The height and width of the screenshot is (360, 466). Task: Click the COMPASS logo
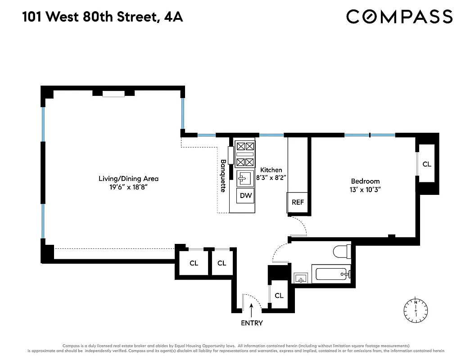(399, 17)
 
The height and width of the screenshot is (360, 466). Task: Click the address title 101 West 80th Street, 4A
(103, 18)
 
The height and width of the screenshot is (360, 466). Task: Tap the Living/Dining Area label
(128, 179)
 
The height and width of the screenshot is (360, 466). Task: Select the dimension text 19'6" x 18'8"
(128, 187)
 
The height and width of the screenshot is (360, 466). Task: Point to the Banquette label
(223, 176)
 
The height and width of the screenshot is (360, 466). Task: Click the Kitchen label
(271, 170)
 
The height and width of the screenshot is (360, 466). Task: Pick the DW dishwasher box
(246, 196)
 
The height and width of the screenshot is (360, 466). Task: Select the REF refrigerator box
(298, 202)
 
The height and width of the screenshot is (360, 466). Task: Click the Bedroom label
(365, 181)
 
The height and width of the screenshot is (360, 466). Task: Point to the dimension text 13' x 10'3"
(365, 189)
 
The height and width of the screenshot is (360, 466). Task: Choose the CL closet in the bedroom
(426, 164)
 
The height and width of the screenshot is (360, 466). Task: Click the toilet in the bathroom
(342, 251)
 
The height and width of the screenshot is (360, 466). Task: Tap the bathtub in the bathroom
(332, 274)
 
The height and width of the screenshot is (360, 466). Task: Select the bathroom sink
(301, 278)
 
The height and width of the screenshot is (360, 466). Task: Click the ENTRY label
(252, 323)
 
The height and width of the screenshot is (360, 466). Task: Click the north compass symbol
(416, 310)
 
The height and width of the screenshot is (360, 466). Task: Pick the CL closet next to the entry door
(279, 296)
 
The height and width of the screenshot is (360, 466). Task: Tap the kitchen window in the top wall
(271, 135)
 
